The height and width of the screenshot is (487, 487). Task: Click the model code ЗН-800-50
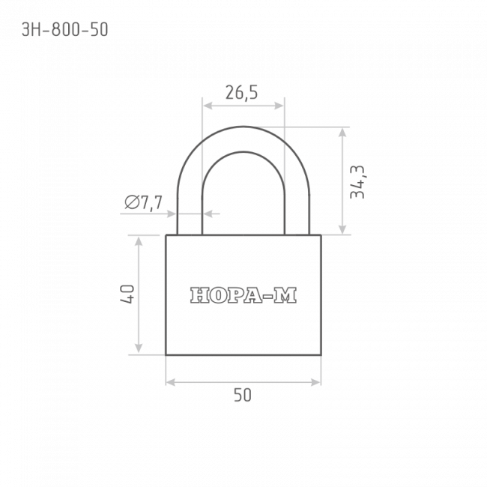pyautogui.click(x=65, y=30)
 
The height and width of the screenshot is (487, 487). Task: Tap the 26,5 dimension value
pyautogui.click(x=241, y=93)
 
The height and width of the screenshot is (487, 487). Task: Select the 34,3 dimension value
pyautogui.click(x=357, y=182)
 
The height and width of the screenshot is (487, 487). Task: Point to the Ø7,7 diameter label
pyautogui.click(x=144, y=203)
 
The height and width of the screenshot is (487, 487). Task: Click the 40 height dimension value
pyautogui.click(x=127, y=294)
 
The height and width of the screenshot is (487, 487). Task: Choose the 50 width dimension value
pyautogui.click(x=243, y=395)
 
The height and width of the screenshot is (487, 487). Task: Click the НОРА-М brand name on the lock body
pyautogui.click(x=243, y=295)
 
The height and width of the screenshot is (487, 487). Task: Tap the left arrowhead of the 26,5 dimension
pyautogui.click(x=208, y=106)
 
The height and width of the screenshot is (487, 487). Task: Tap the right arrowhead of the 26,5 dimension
pyautogui.click(x=279, y=106)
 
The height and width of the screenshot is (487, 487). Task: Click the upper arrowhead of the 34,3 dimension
pyautogui.click(x=342, y=133)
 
